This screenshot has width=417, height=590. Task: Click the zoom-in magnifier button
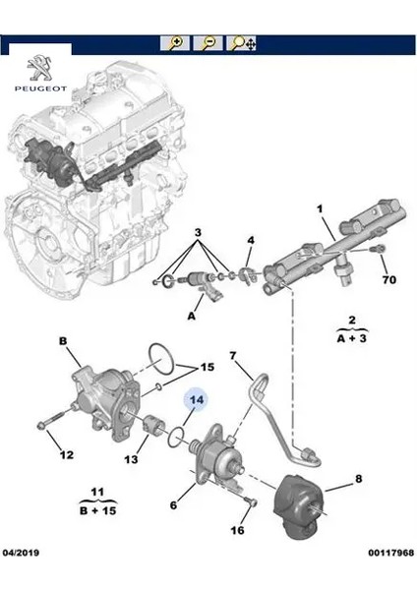(x=175, y=43)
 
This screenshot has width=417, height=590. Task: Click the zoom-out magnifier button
(x=208, y=43)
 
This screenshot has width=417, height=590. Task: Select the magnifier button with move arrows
(x=242, y=43)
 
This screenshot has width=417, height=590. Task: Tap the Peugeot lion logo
(x=40, y=68)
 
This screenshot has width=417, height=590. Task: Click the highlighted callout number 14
(x=196, y=399)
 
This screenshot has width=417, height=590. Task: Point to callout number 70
(x=388, y=280)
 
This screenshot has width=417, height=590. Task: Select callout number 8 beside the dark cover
(x=358, y=478)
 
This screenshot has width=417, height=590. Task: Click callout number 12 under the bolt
(x=67, y=454)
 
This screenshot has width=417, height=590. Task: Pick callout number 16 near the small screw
(x=237, y=530)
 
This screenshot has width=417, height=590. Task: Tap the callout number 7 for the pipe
(x=232, y=355)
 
